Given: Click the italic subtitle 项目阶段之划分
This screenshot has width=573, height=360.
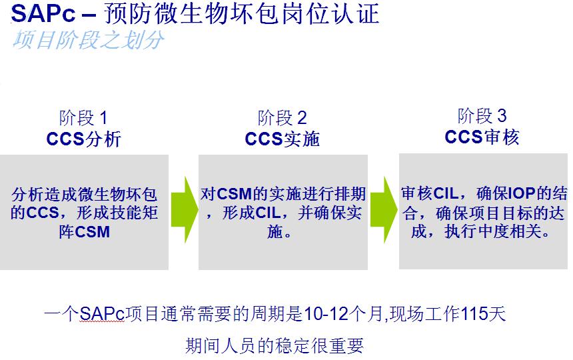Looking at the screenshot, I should [x=87, y=39].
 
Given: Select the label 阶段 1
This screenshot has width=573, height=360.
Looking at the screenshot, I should [x=83, y=119].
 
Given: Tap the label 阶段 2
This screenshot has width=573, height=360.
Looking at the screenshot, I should [x=282, y=119].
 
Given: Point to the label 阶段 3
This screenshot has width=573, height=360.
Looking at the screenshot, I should [x=482, y=116].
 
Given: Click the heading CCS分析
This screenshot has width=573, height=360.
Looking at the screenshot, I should [x=83, y=139].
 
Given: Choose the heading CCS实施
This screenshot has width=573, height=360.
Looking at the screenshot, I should [x=282, y=139].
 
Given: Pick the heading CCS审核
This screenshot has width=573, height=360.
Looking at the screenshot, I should [x=482, y=137].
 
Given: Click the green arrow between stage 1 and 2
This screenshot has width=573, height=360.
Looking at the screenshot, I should [x=184, y=209].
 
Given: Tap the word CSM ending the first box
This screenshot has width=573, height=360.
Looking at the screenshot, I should [x=93, y=232].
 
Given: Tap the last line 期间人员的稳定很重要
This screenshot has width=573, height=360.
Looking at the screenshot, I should [x=275, y=345].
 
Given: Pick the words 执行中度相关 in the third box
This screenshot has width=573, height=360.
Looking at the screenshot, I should [x=496, y=233].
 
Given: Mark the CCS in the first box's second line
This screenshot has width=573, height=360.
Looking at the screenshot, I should [x=43, y=214].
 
